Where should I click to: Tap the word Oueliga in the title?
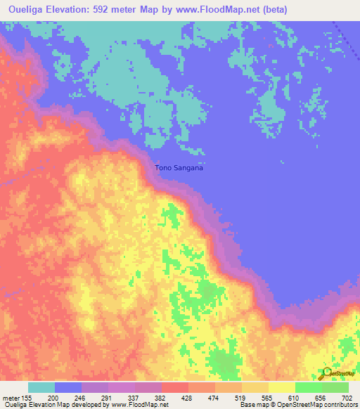[25, 8]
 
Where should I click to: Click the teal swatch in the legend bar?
[41, 387]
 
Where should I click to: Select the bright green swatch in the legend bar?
[308, 387]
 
